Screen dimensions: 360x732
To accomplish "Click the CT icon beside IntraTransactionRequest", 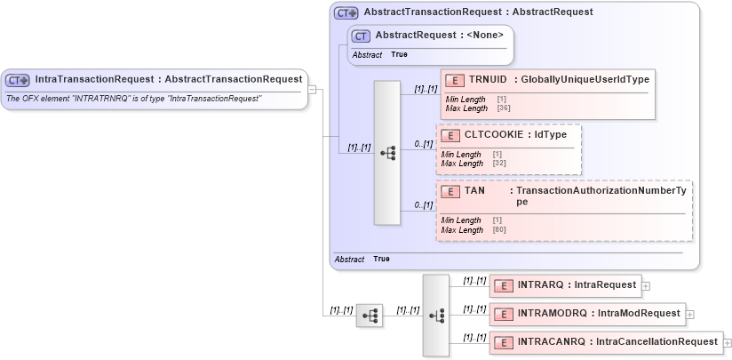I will pyautogui.click(x=18, y=79).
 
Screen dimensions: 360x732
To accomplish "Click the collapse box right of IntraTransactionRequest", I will pyautogui.click(x=313, y=88).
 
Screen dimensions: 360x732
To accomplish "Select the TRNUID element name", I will pyautogui.click(x=489, y=80).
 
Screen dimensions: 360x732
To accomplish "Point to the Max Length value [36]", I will pyautogui.click(x=503, y=108).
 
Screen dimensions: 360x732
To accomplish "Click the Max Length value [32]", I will pyautogui.click(x=498, y=164).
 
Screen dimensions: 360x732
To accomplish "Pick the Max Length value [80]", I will pyautogui.click(x=498, y=229).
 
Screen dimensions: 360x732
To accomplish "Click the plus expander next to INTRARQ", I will pyautogui.click(x=646, y=286).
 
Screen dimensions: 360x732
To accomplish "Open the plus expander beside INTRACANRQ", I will pyautogui.click(x=727, y=342).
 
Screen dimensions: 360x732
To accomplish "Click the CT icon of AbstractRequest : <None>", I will pyautogui.click(x=361, y=36).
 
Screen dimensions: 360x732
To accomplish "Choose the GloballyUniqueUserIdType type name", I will pyautogui.click(x=585, y=80).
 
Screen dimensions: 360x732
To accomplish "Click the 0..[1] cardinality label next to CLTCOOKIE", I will pyautogui.click(x=423, y=144).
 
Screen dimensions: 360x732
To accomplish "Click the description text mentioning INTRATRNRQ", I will pyautogui.click(x=133, y=98).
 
